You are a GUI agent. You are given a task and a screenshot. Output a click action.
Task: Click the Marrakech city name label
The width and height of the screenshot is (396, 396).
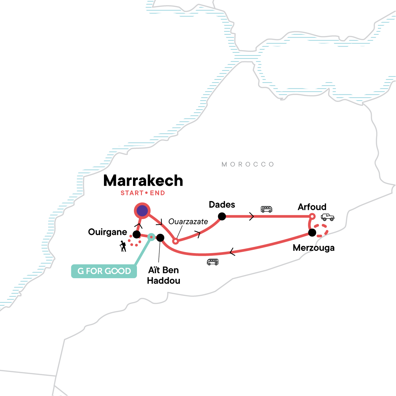[143, 181]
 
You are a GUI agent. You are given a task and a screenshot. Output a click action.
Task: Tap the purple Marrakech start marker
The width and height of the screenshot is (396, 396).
[142, 211]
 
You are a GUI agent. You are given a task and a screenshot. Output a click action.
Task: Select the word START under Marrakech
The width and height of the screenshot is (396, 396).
[132, 193]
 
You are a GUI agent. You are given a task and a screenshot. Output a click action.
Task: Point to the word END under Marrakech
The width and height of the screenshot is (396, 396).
[157, 193]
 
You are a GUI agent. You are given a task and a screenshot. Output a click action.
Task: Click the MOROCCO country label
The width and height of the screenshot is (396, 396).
[248, 164]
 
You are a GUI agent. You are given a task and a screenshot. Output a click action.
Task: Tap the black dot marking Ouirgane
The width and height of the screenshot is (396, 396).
[136, 235]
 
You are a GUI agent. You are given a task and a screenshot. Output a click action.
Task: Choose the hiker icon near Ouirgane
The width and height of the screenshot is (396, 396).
[123, 246]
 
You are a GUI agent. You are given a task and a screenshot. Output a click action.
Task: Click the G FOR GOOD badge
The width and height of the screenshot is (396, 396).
[104, 271]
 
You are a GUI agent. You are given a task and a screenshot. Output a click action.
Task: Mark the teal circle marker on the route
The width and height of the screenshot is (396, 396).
[151, 237]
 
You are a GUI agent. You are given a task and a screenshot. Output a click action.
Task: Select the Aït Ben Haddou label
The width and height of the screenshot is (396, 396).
[164, 275]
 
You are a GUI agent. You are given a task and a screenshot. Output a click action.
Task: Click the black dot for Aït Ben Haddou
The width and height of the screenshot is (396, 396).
[160, 238]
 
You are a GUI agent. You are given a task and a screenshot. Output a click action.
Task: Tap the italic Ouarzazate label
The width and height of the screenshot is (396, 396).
[188, 221]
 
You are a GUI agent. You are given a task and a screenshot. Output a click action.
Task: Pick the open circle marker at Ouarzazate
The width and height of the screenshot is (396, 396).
[176, 242]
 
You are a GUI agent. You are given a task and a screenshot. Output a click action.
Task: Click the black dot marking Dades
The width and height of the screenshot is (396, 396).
[222, 216]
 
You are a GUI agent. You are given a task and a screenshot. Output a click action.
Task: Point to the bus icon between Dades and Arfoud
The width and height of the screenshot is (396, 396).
[266, 209]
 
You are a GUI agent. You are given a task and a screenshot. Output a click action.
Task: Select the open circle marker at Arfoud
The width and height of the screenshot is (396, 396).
[312, 216]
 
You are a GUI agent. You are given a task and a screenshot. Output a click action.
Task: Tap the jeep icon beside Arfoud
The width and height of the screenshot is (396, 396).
[327, 217]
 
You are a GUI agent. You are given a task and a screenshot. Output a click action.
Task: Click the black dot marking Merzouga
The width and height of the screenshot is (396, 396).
[312, 233]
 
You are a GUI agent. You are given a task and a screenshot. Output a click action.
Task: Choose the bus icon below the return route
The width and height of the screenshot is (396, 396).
[213, 262]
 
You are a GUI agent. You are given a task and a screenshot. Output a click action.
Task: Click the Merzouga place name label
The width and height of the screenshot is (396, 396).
[313, 248]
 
